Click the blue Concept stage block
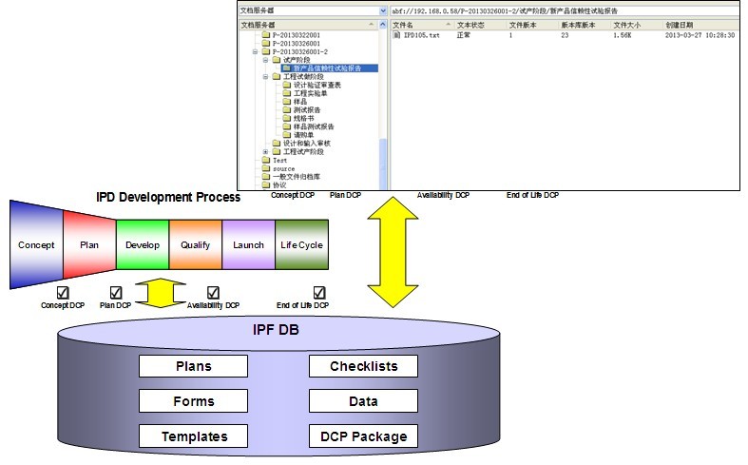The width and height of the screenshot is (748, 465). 36,244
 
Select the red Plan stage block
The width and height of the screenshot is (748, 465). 89,244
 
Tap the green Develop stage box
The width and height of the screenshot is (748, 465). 142,244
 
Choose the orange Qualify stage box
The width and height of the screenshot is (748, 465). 195,244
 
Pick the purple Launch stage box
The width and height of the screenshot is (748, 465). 248,244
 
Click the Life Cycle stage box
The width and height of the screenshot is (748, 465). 301,244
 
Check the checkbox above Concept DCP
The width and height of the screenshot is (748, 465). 64,293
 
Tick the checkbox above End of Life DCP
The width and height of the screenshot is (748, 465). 319,293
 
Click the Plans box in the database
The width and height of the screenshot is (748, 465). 193,366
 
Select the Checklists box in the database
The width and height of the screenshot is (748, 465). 363,366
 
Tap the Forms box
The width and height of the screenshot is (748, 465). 193,401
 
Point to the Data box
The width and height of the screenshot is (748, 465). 363,401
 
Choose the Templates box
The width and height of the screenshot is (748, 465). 193,436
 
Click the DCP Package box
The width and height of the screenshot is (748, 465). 363,436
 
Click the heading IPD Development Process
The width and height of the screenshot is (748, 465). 168,197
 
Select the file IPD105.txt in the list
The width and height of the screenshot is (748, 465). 421,35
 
